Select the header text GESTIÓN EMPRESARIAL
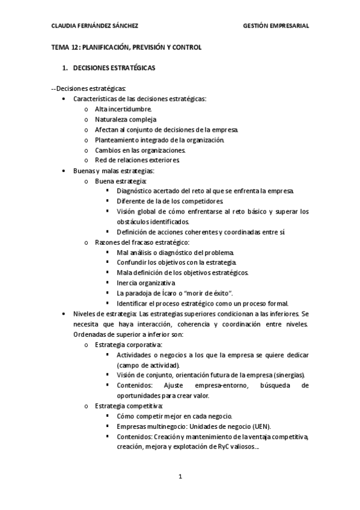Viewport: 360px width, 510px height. (x=276, y=26)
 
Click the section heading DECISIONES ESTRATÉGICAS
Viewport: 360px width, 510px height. (x=113, y=68)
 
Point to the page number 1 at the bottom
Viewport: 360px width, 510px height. (x=180, y=476)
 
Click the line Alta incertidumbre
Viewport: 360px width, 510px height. (x=123, y=109)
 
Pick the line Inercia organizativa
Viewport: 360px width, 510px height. (x=146, y=283)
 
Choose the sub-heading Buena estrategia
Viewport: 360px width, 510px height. (x=120, y=180)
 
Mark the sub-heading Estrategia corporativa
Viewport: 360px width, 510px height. (x=129, y=344)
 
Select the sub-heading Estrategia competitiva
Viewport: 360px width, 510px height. (x=128, y=405)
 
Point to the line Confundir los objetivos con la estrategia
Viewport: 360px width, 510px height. (x=177, y=262)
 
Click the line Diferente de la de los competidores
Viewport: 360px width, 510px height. (x=170, y=201)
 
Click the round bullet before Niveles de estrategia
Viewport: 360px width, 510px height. (x=65, y=313)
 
